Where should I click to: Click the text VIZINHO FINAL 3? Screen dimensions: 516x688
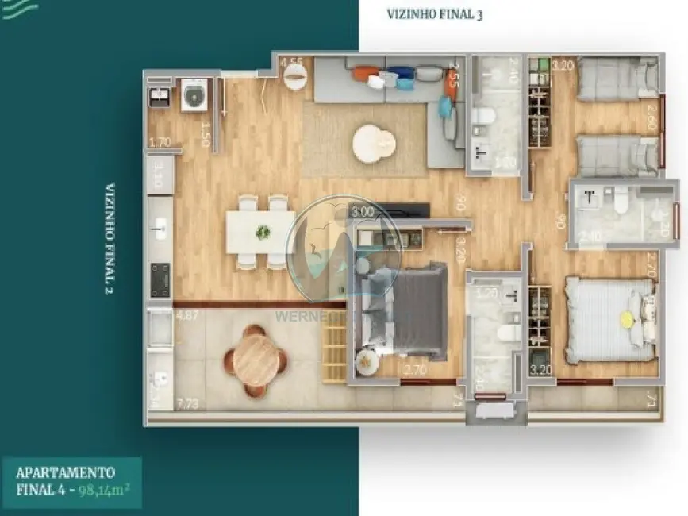click(434, 13)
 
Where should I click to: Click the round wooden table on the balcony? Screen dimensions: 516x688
click(256, 360)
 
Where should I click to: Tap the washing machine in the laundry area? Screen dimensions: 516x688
click(194, 96)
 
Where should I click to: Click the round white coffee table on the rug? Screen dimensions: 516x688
click(374, 144)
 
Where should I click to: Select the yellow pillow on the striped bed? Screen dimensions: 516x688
click(627, 319)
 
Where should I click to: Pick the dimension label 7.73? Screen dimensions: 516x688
click(188, 404)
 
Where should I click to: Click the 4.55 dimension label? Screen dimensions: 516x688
click(291, 62)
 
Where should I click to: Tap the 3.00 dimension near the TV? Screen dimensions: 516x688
click(362, 211)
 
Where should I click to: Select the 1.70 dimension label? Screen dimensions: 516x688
click(160, 143)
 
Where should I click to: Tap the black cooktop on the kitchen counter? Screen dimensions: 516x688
click(160, 279)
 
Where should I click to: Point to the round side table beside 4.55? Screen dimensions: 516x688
click(295, 76)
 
